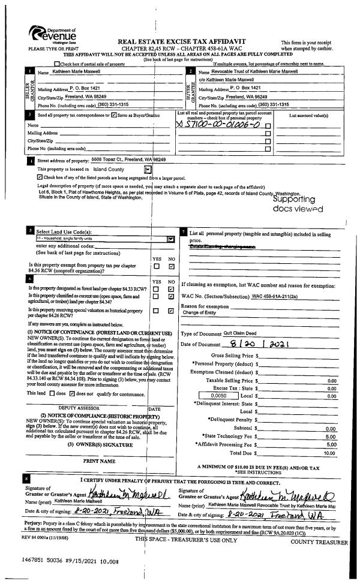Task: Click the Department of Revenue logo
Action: (55, 37)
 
